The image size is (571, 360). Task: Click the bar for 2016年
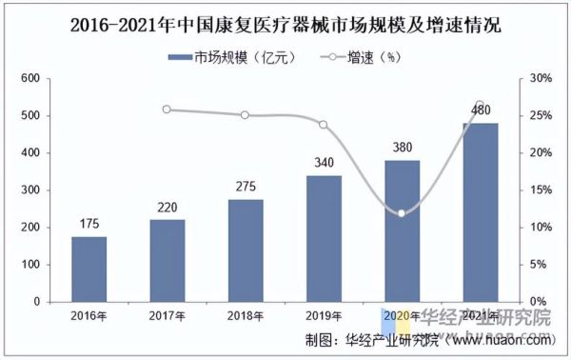[x=89, y=269]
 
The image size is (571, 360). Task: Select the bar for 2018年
[x=246, y=250]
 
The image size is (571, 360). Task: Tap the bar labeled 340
[x=324, y=238]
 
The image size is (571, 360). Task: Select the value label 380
[x=402, y=149]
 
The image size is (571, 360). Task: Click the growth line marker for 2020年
[x=402, y=212]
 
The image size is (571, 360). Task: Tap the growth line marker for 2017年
[x=167, y=110]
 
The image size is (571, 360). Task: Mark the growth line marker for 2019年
[x=324, y=125]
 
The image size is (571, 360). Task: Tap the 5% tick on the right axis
[x=540, y=265]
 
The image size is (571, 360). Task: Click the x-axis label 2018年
[x=246, y=315]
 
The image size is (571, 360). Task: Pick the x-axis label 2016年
[x=89, y=315]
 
